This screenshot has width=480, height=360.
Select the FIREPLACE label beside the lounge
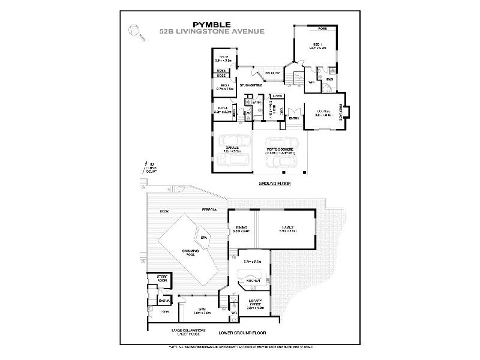coord(340,113)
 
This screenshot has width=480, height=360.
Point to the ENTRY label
coord(294,118)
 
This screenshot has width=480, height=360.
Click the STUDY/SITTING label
coord(251,86)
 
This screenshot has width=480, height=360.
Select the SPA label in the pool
coord(203,238)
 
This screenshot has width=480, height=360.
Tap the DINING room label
coord(242,227)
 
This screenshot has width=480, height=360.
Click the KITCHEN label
coord(253,280)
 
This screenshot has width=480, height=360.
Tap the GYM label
coord(194,309)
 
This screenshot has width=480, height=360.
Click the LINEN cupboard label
coord(277,96)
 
